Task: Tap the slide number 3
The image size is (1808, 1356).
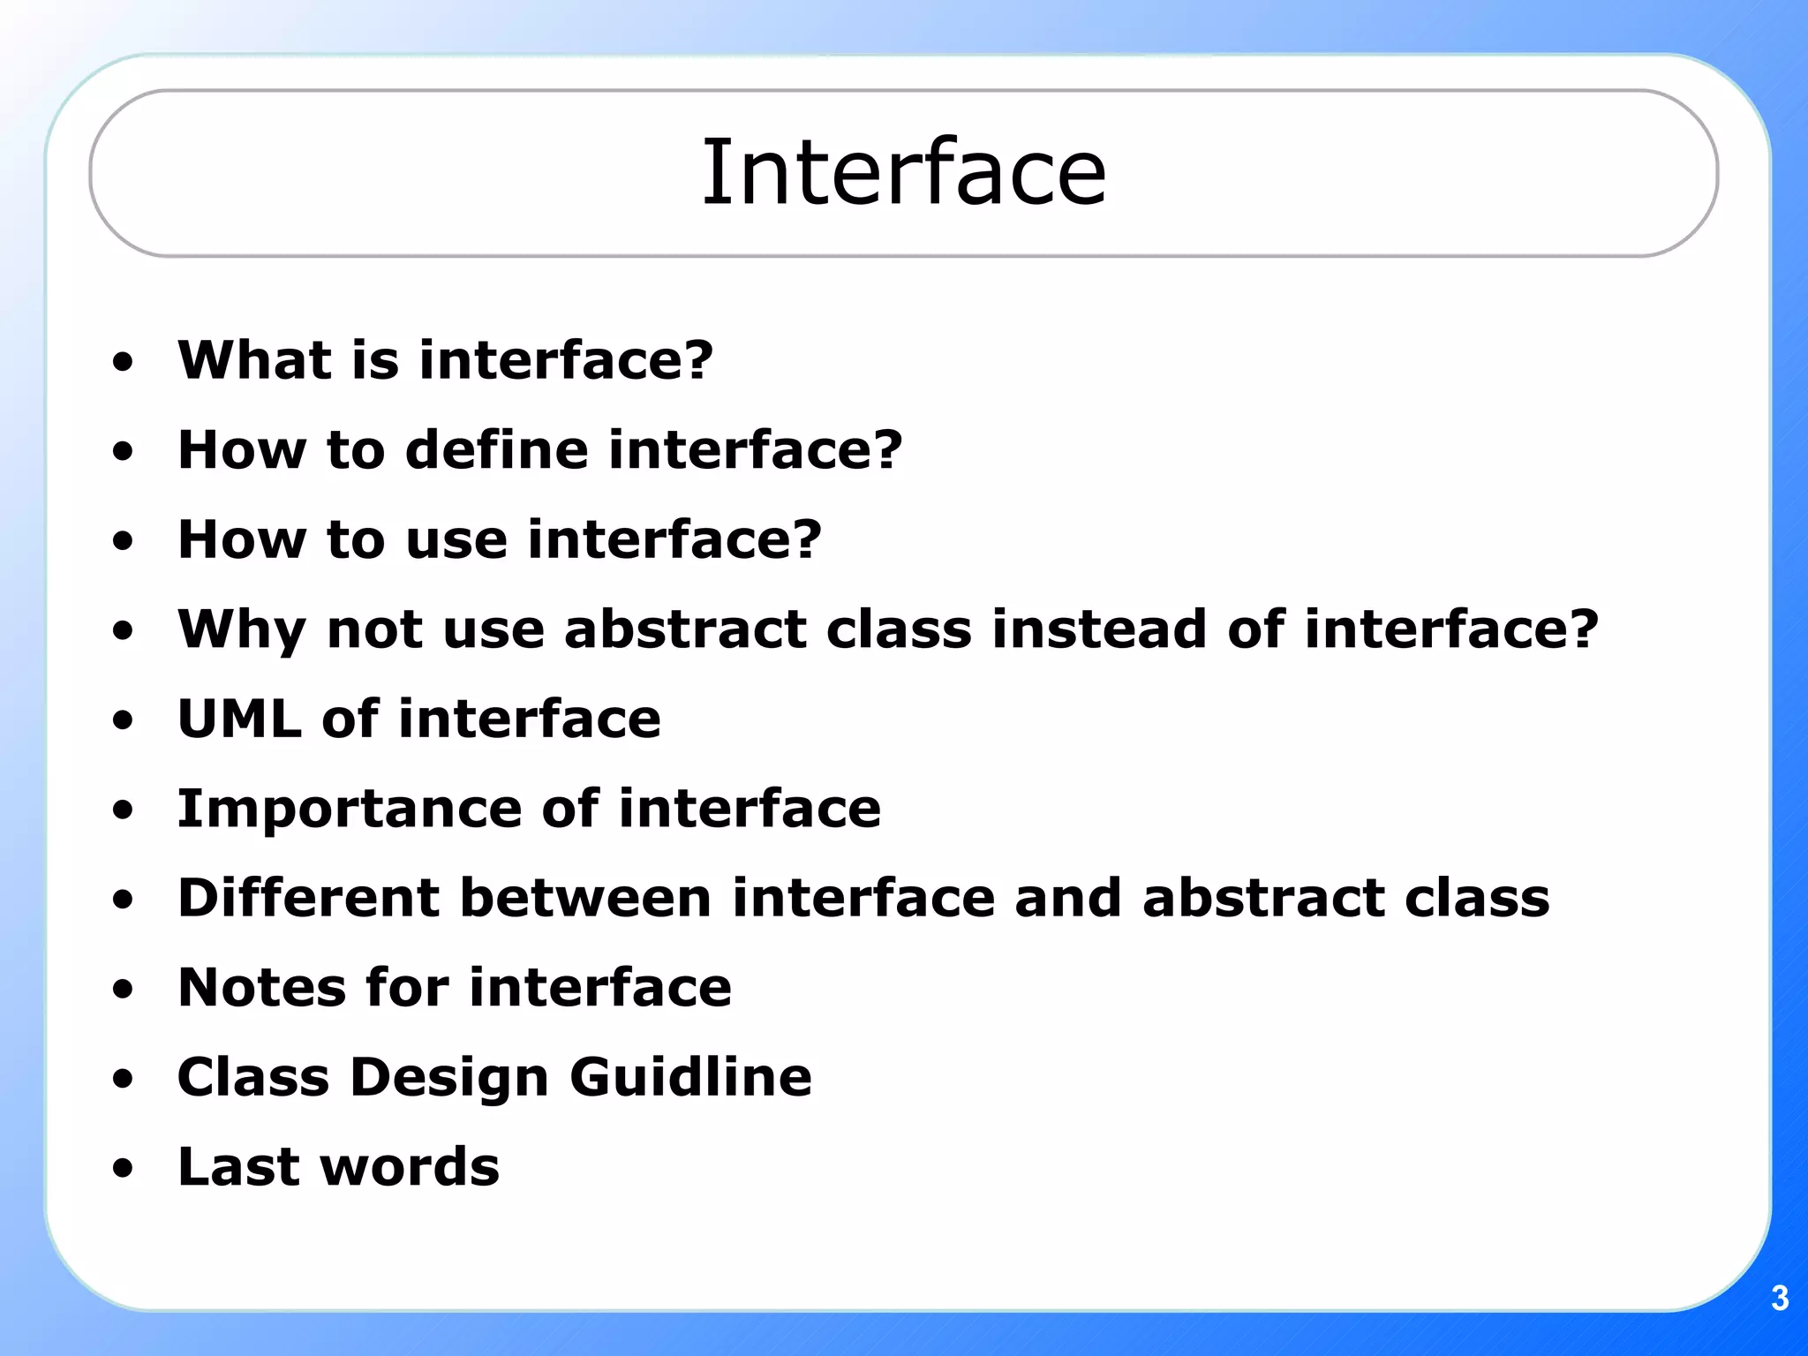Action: pos(1780,1299)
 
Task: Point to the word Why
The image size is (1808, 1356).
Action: pos(241,631)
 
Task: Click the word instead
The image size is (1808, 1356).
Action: pos(1098,629)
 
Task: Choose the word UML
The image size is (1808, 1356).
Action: pos(239,719)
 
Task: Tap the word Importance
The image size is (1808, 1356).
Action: pos(350,810)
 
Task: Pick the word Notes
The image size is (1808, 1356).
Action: pos(261,988)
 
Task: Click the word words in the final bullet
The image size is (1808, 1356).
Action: pos(410,1167)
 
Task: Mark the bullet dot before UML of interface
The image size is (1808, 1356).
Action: pos(124,720)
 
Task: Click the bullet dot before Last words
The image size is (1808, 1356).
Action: pos(124,1169)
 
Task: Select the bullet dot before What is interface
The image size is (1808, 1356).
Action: pos(124,362)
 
